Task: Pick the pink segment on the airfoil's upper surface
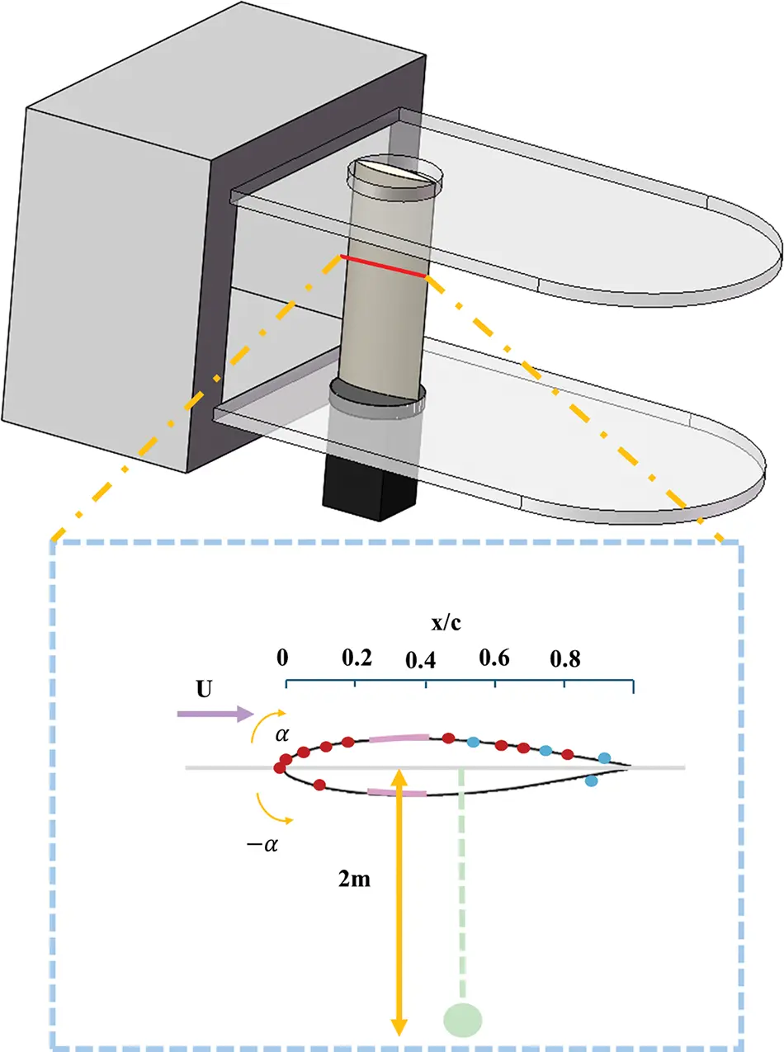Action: [399, 737]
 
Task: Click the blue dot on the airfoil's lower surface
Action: [591, 781]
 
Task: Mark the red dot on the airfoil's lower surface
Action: [319, 784]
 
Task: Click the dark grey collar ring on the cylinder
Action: [377, 395]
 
